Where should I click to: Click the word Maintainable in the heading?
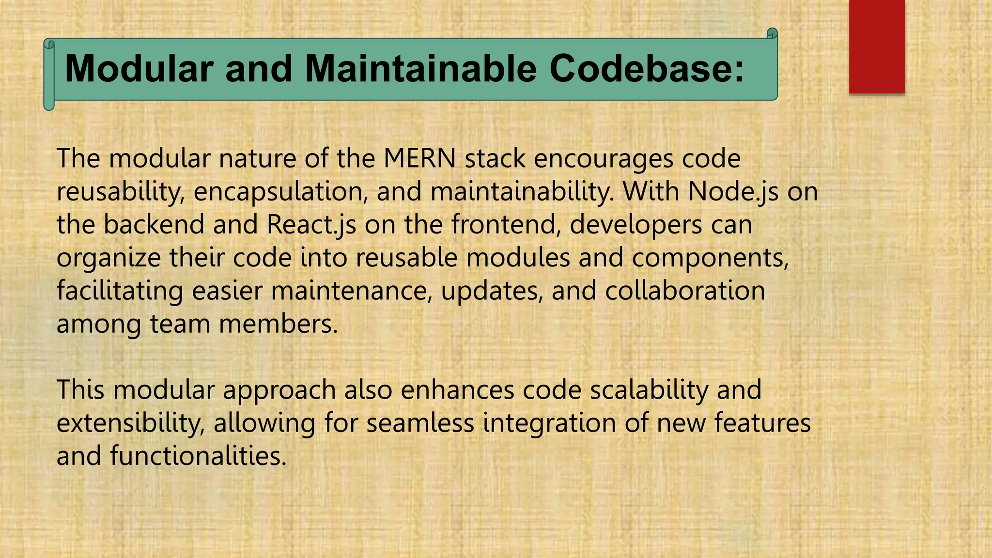[421, 69]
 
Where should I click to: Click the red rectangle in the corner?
[877, 46]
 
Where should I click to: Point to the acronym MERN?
[419, 158]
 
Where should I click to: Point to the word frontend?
[506, 225]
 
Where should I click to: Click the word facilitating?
[120, 291]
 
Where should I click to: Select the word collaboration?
[685, 291]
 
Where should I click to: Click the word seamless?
[420, 423]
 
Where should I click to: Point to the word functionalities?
[198, 456]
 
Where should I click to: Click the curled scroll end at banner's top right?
[772, 33]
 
